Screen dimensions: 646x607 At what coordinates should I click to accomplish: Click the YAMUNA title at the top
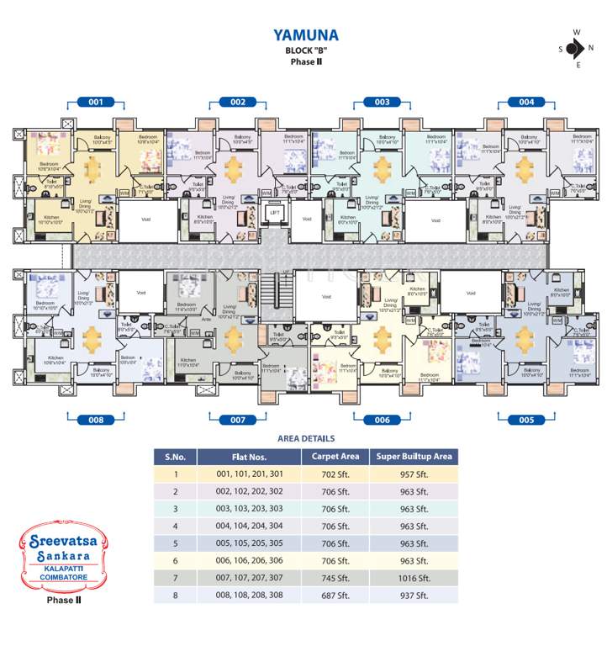click(305, 35)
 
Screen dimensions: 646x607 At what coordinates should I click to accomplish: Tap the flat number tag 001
click(96, 102)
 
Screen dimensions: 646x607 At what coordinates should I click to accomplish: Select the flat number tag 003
click(382, 102)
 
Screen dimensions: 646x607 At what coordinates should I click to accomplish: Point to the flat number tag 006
click(382, 419)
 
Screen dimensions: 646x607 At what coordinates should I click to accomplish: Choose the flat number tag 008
click(96, 419)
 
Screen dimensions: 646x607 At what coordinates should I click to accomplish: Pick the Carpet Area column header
click(335, 457)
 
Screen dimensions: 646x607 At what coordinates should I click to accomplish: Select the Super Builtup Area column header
click(414, 457)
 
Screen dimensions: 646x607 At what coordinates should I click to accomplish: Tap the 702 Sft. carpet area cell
click(335, 474)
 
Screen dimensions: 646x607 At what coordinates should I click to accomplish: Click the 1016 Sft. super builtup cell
click(414, 578)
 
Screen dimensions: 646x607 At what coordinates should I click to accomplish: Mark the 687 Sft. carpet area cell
click(335, 596)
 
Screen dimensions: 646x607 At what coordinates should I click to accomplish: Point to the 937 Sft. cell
click(414, 596)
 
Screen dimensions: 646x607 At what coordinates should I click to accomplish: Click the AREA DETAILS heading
click(306, 438)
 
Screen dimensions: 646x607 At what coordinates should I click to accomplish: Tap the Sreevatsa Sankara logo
click(61, 555)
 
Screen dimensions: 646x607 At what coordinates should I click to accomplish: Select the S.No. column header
click(176, 457)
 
